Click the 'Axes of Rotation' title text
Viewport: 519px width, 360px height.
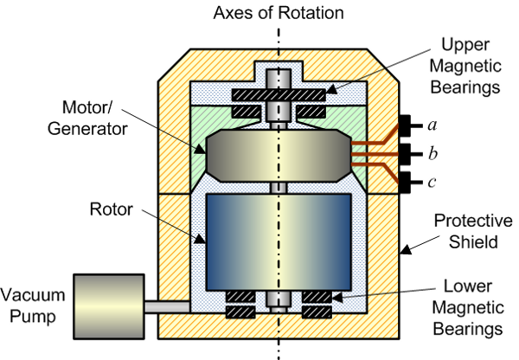(279, 13)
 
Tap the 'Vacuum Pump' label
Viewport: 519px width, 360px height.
(32, 305)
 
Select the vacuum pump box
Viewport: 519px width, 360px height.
(109, 306)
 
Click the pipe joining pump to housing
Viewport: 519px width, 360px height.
(168, 306)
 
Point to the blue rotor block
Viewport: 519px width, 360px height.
(279, 242)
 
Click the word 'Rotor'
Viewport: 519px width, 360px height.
(112, 209)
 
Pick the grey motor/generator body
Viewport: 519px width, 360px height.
(279, 155)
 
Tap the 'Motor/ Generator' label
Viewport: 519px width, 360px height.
(87, 118)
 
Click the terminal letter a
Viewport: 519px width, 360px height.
(432, 125)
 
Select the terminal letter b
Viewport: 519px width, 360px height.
(432, 154)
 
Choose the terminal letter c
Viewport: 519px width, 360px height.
(432, 182)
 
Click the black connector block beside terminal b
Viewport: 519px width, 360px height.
(406, 154)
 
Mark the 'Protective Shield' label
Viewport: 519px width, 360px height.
(472, 231)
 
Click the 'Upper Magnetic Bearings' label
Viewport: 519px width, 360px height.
(465, 66)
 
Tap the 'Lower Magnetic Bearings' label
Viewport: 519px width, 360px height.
(468, 307)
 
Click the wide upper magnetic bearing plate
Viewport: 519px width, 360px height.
(279, 95)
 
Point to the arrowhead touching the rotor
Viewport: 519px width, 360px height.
(201, 238)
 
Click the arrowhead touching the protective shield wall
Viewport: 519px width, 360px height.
(406, 250)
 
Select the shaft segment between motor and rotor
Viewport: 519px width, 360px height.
(279, 188)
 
